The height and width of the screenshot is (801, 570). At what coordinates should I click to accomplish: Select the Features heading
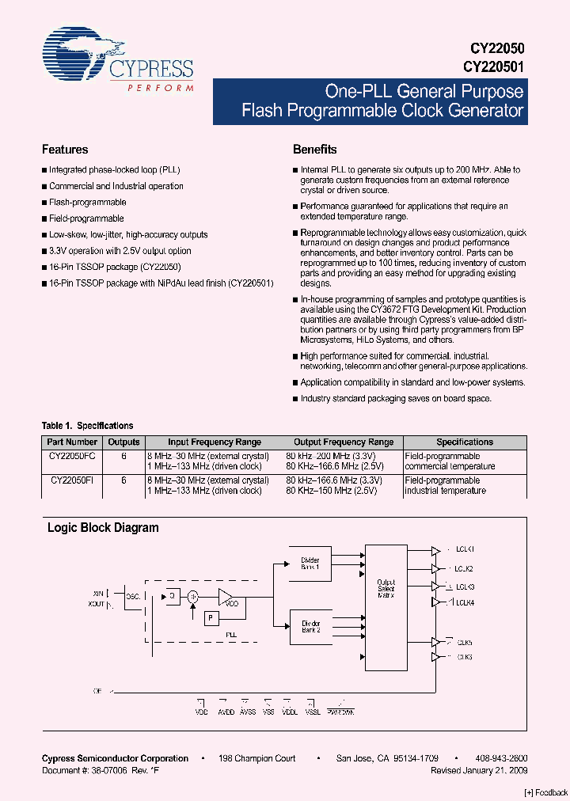coord(65,150)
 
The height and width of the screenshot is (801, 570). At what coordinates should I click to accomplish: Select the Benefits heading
coord(314,150)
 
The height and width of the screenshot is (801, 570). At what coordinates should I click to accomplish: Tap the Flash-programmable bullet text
coord(87,203)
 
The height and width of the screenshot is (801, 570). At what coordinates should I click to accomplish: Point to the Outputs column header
coord(123,442)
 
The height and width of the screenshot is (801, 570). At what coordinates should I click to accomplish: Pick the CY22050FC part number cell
coord(72,456)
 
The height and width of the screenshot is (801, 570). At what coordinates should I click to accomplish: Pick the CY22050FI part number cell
coord(72,480)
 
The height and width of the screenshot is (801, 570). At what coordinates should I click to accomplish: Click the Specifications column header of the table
coord(465,442)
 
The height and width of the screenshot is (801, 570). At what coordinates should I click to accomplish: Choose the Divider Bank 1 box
coord(310,564)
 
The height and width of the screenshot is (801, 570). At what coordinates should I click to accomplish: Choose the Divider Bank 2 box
coord(310,627)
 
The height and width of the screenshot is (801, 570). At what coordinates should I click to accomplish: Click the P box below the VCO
coord(211,618)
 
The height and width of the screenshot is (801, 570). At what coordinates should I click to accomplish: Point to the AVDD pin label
coord(225,712)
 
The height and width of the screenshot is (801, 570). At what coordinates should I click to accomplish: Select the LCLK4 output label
coord(465,602)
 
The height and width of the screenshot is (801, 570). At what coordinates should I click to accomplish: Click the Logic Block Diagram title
coord(103,528)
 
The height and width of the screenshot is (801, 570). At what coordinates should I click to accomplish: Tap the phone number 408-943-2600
coord(503,758)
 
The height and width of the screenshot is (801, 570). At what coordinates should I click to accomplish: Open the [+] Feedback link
coord(546,792)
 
